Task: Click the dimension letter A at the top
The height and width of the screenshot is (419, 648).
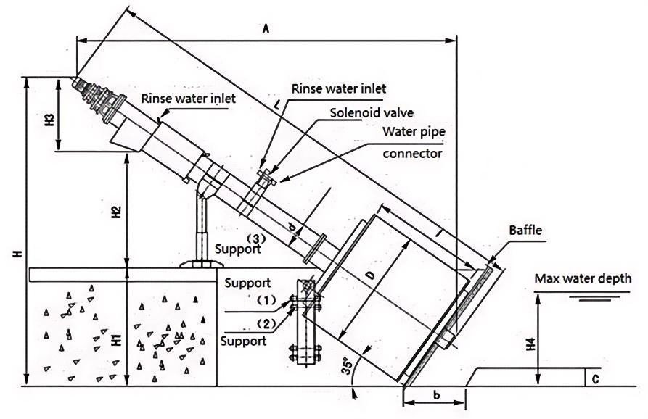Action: click(266, 29)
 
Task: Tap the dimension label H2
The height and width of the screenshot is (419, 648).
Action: click(115, 212)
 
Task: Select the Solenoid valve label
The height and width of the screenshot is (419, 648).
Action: click(372, 113)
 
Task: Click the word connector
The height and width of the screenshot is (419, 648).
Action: click(412, 153)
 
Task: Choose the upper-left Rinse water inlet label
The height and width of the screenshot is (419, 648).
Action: click(188, 98)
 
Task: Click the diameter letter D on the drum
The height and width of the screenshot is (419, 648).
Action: click(370, 278)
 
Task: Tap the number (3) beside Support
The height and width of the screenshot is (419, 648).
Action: click(255, 238)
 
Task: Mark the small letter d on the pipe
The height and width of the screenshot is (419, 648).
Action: click(292, 229)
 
